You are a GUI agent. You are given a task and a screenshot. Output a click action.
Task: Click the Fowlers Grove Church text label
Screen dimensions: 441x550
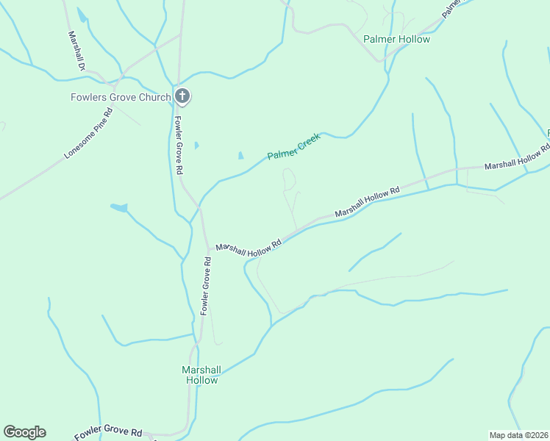(x=120, y=97)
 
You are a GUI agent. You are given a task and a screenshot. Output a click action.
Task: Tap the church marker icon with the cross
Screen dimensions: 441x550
(x=183, y=96)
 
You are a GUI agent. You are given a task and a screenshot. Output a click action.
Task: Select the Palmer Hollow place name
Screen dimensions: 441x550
(x=396, y=39)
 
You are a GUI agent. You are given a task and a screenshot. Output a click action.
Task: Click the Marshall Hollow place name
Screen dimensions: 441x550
(x=201, y=375)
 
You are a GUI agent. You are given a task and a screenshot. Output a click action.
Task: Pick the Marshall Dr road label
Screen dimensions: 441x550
(x=77, y=51)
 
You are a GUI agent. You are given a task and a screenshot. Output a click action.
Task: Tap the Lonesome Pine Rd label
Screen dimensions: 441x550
(x=88, y=135)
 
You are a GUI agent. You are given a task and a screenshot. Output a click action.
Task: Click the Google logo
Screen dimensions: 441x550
(x=24, y=432)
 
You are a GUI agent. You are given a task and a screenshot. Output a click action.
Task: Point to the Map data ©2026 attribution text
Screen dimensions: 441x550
(x=518, y=435)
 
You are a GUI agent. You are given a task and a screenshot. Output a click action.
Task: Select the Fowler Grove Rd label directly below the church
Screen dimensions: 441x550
(x=179, y=143)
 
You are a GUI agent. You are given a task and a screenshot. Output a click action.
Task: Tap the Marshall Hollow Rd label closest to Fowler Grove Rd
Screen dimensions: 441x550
(x=249, y=248)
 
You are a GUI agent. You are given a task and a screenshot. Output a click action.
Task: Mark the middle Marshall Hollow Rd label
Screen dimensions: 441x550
(x=366, y=201)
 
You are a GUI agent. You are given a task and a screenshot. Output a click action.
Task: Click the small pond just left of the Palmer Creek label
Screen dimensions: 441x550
(x=240, y=156)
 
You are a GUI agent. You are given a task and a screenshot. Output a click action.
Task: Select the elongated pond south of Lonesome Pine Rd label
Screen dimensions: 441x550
(x=118, y=208)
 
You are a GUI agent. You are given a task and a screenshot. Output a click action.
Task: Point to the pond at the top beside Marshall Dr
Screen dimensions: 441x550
(x=81, y=15)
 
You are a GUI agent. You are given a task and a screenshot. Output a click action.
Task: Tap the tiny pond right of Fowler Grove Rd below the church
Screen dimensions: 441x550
(x=196, y=146)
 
